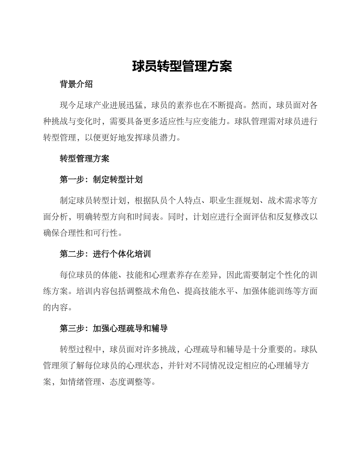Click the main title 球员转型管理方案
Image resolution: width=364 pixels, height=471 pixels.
(x=182, y=66)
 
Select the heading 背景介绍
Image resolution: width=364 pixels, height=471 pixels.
(x=76, y=85)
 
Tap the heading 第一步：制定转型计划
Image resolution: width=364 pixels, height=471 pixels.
(x=101, y=180)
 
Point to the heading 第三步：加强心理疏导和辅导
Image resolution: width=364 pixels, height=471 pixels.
(x=114, y=328)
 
